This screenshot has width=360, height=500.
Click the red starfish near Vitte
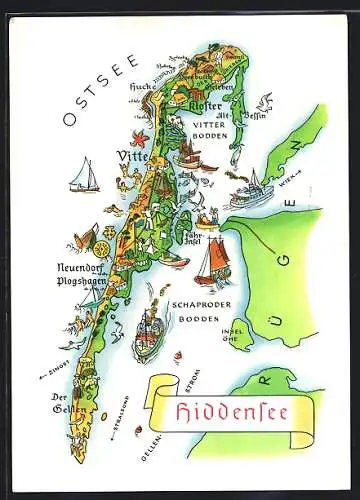click(139, 137)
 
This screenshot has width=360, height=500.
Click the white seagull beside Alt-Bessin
click(264, 99)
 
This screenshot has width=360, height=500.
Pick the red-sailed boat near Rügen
click(212, 266)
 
